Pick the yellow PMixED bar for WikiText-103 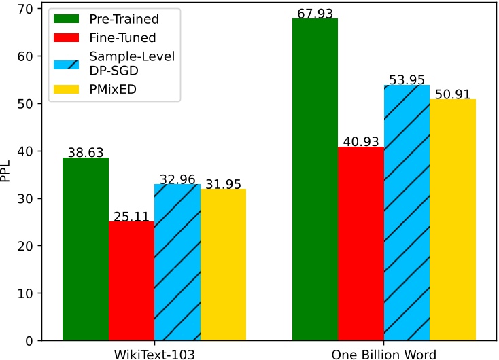(223, 264)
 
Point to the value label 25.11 (131, 215)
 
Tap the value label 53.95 (407, 79)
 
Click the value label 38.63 (86, 152)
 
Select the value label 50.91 (452, 94)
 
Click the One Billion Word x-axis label (383, 353)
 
